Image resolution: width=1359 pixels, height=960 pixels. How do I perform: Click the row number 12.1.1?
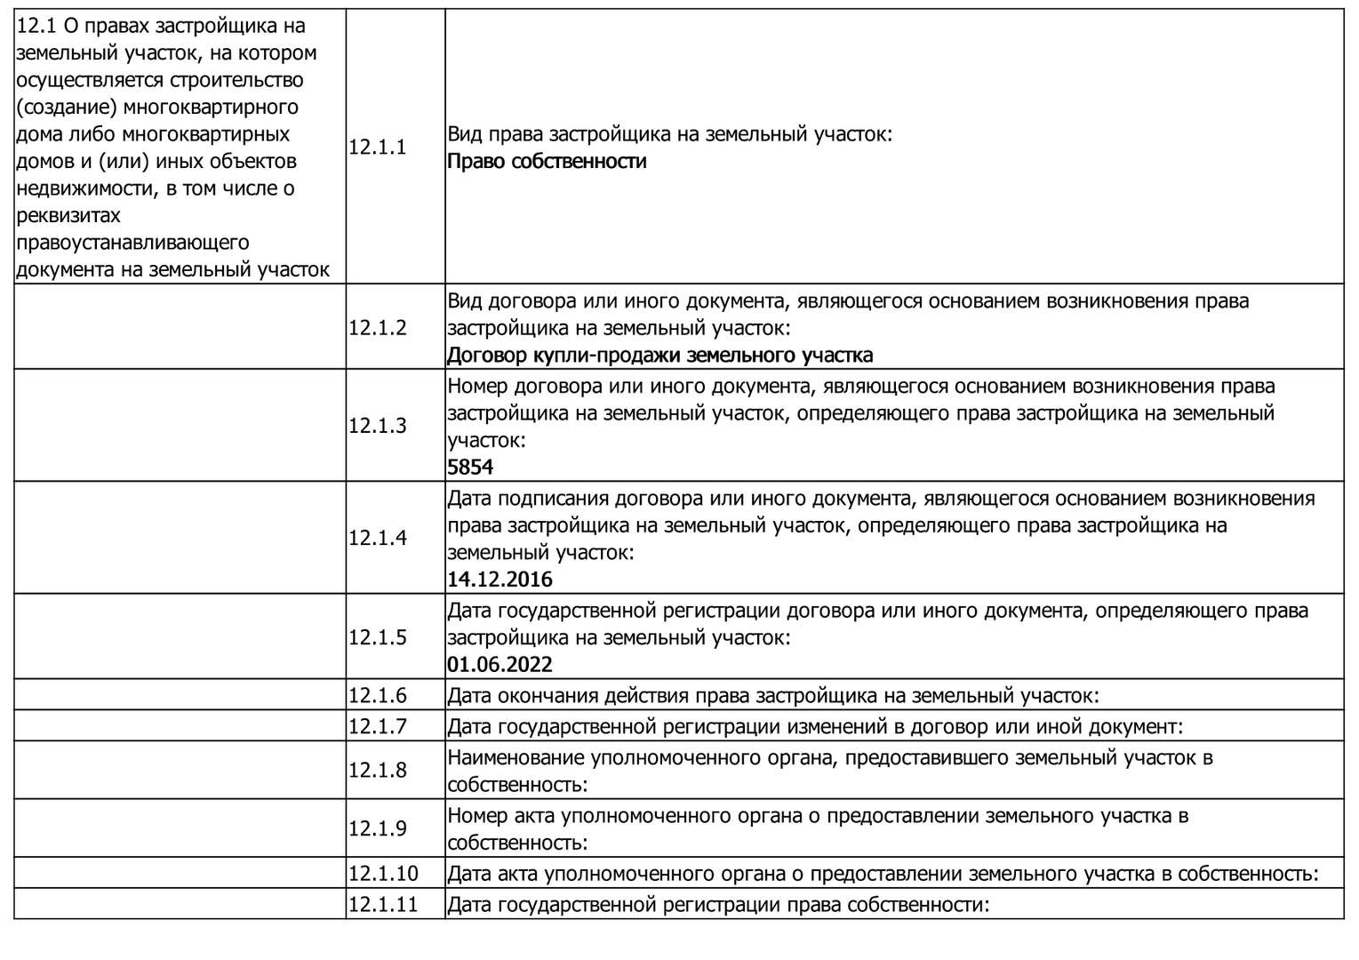click(x=377, y=148)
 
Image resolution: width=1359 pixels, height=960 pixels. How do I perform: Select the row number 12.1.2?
click(x=377, y=328)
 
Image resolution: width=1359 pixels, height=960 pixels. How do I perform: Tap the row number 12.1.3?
click(x=377, y=426)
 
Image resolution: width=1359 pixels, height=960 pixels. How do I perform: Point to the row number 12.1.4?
click(x=377, y=539)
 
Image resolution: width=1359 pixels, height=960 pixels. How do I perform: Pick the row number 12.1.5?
click(x=377, y=637)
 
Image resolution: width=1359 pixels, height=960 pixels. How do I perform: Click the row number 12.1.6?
click(x=377, y=696)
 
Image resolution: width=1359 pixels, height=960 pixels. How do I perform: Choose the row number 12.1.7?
click(x=377, y=726)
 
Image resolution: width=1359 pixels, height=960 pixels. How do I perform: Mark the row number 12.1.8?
click(x=377, y=770)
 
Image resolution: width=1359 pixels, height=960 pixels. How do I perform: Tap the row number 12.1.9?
click(x=377, y=828)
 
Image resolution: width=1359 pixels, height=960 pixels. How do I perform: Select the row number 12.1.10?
click(x=382, y=874)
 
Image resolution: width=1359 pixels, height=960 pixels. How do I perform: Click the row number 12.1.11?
click(x=382, y=906)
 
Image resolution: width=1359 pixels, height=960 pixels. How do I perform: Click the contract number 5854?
click(x=470, y=468)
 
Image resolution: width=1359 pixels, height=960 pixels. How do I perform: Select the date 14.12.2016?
click(x=500, y=580)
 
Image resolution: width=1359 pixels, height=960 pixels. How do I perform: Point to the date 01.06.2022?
click(x=500, y=665)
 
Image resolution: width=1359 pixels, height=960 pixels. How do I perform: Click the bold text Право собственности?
click(x=547, y=162)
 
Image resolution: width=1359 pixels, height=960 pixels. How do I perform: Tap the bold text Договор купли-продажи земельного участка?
click(x=660, y=356)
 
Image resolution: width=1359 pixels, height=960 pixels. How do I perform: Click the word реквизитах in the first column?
click(x=68, y=216)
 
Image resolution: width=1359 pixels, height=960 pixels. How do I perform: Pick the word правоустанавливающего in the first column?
click(x=132, y=243)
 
